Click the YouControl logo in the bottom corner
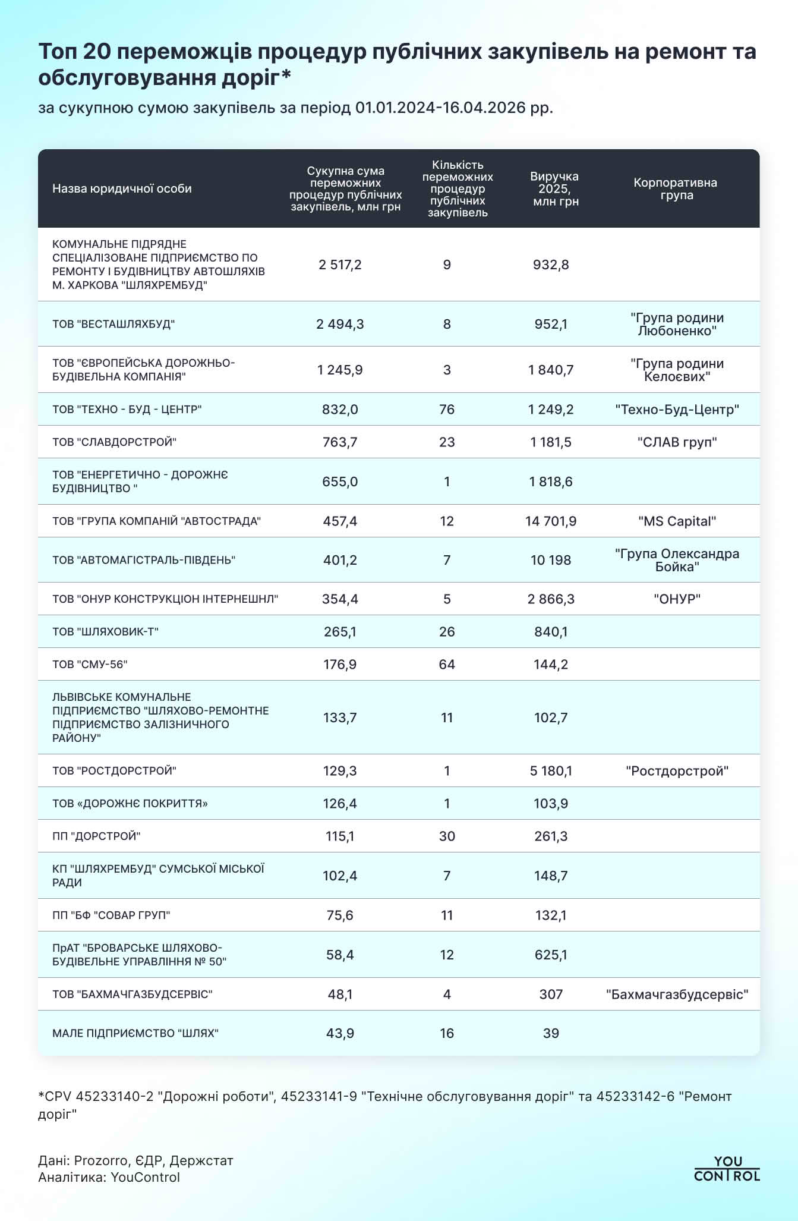click(727, 1169)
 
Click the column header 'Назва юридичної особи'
click(122, 189)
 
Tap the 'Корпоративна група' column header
click(676, 189)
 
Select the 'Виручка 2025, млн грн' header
click(555, 189)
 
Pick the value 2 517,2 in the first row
click(340, 265)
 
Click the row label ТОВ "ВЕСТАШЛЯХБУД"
click(113, 325)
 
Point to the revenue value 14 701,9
click(551, 522)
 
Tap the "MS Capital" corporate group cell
click(677, 522)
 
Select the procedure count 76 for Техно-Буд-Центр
click(447, 410)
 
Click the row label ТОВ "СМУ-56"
click(90, 665)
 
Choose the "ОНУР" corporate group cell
click(677, 599)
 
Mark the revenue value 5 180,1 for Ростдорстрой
click(551, 772)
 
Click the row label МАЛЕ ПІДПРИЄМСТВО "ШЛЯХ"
click(135, 1034)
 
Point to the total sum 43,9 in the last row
click(340, 1034)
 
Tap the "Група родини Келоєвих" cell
click(677, 370)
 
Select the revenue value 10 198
click(551, 561)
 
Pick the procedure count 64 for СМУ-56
click(447, 665)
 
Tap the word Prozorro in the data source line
click(101, 1160)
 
